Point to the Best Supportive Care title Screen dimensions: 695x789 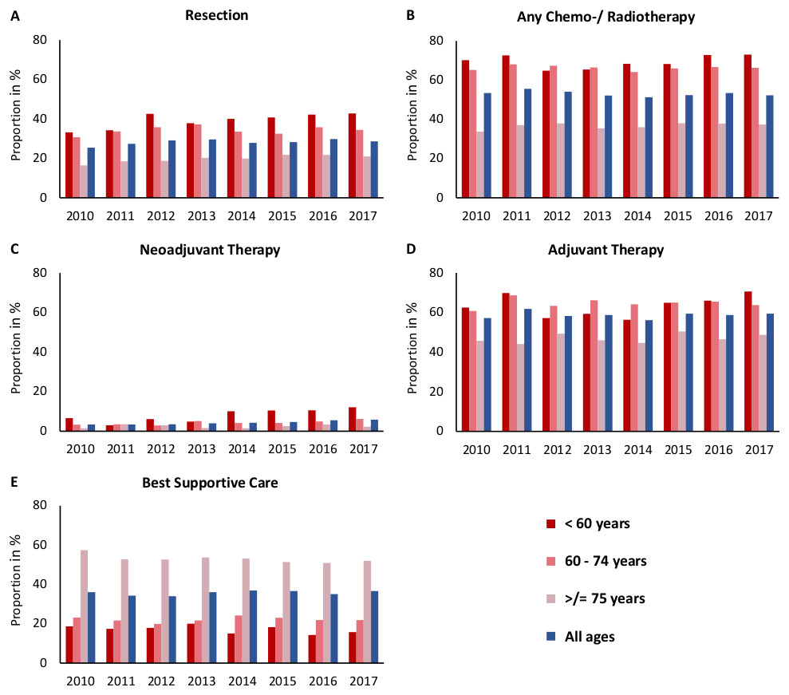pos(211,482)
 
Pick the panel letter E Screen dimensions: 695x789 pos(14,482)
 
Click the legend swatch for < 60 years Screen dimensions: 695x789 pos(550,524)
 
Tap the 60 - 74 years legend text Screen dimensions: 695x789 pos(610,561)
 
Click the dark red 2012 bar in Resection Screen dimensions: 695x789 pos(150,156)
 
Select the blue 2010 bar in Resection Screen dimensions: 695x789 pos(92,172)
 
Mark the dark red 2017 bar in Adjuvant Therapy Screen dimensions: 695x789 pos(746,361)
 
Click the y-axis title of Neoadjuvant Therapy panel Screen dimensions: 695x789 pos(15,352)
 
